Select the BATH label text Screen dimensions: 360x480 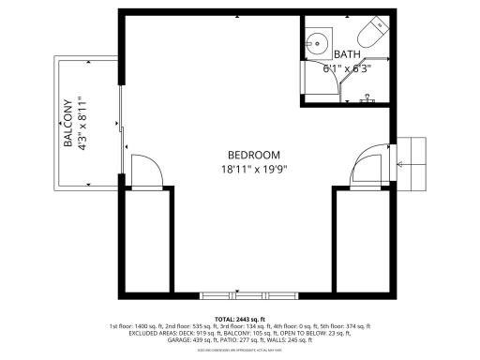[346, 54]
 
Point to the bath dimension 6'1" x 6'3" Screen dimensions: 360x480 [347, 68]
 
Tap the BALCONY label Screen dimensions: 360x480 [68, 124]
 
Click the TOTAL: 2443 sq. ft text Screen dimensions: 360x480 [240, 319]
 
